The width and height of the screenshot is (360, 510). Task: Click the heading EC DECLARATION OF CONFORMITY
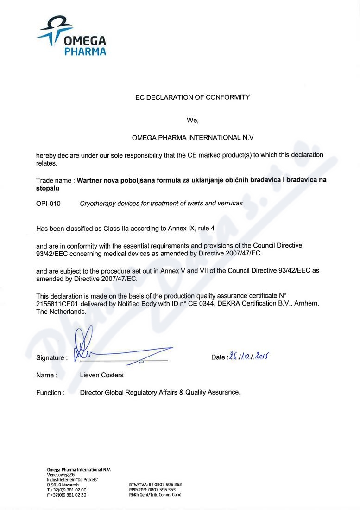coord(192,97)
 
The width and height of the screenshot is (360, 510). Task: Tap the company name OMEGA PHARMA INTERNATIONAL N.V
coord(193,138)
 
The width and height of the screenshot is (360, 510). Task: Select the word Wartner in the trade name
coord(91,180)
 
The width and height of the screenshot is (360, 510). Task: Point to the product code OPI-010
coord(48,203)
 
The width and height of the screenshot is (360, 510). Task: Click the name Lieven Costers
coord(102,375)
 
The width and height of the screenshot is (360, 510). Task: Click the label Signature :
coord(51,358)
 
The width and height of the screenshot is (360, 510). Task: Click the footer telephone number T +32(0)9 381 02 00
coord(67,490)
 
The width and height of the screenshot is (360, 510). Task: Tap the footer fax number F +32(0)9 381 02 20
coord(67,495)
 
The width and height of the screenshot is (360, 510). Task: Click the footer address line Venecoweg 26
coord(61,475)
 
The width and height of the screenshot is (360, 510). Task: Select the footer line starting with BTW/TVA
coord(155,484)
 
